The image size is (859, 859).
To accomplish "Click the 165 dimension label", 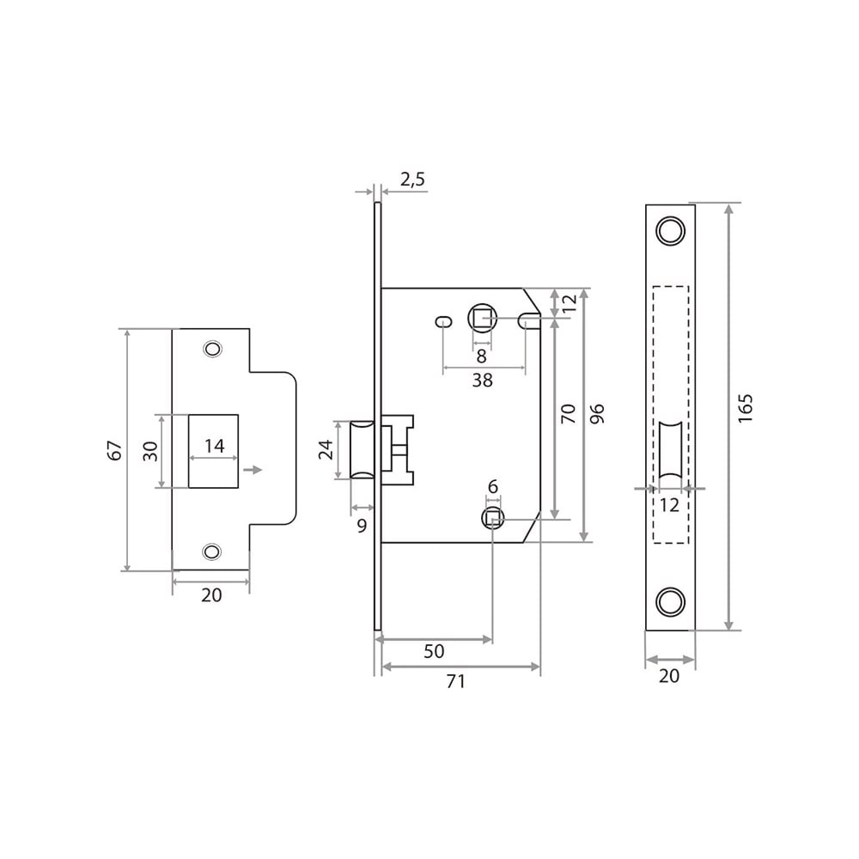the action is click(746, 407).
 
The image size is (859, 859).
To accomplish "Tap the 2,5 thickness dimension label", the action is click(412, 180).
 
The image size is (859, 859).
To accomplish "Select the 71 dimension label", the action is click(456, 681).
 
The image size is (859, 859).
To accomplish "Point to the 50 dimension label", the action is click(434, 651).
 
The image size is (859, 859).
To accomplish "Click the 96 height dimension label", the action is click(597, 413).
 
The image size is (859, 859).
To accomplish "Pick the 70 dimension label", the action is click(568, 413).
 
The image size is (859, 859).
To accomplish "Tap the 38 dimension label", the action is click(482, 381).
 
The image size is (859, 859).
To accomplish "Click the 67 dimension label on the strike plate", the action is click(114, 450).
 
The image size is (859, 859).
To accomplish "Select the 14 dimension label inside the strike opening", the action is click(214, 446).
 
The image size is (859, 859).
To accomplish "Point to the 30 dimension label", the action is click(150, 450).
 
